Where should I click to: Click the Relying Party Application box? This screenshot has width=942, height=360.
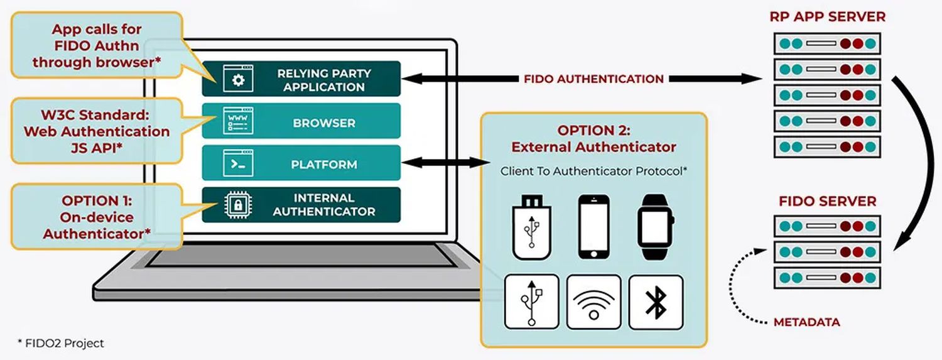(x=301, y=79)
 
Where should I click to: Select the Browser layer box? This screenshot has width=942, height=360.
(x=301, y=122)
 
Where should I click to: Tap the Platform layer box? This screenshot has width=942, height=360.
(x=301, y=164)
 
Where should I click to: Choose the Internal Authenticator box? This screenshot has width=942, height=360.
(x=301, y=205)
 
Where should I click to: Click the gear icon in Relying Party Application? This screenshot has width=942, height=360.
(x=237, y=79)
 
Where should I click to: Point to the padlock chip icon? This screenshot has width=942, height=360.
(x=237, y=205)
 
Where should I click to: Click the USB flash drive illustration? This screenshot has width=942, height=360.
(x=531, y=227)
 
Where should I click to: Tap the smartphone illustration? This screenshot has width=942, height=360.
(x=593, y=227)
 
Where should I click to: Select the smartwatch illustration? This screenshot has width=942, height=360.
(x=655, y=227)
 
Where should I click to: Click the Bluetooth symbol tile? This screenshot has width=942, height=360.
(x=656, y=302)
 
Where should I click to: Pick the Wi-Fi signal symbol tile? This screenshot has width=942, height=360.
(x=593, y=302)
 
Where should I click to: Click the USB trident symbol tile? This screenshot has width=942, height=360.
(x=531, y=302)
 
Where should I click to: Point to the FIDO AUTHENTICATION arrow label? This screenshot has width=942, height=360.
(x=593, y=79)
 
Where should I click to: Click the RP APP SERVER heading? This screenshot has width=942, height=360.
(x=827, y=17)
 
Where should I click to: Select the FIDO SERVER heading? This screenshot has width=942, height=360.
(x=827, y=202)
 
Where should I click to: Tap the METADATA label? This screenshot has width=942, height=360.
(x=806, y=322)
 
